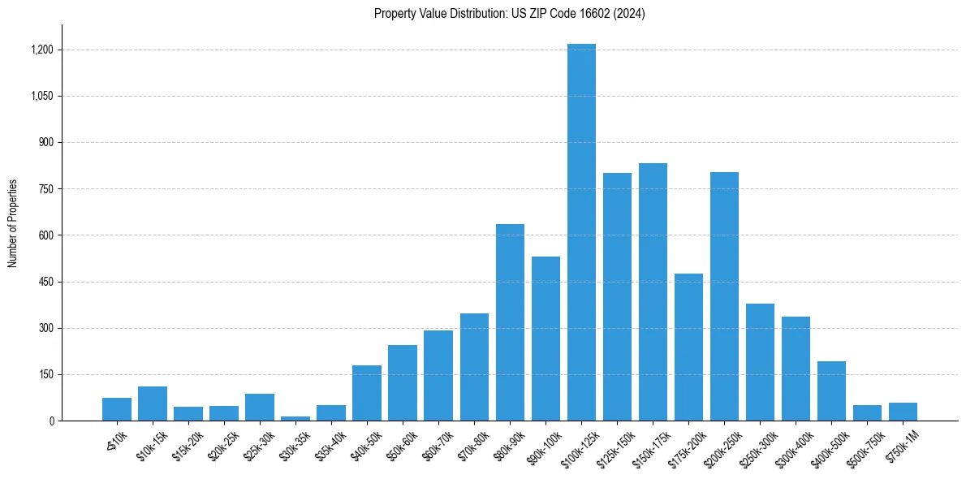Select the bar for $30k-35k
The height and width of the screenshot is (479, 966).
(x=295, y=418)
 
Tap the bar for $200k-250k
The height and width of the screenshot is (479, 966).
(x=724, y=296)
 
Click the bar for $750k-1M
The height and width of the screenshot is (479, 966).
(x=903, y=412)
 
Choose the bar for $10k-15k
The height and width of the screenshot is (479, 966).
(x=153, y=403)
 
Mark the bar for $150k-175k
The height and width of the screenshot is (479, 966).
(x=653, y=292)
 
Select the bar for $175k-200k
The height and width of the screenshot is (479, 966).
(x=688, y=347)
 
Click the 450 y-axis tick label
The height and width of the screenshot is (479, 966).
(x=46, y=282)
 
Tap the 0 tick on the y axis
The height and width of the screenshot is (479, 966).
(x=51, y=421)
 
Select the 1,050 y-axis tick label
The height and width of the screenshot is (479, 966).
(x=42, y=96)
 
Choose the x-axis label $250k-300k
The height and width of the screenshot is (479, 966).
(x=757, y=447)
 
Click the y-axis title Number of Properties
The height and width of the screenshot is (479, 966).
(x=13, y=223)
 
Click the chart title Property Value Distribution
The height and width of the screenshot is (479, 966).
(x=510, y=14)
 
